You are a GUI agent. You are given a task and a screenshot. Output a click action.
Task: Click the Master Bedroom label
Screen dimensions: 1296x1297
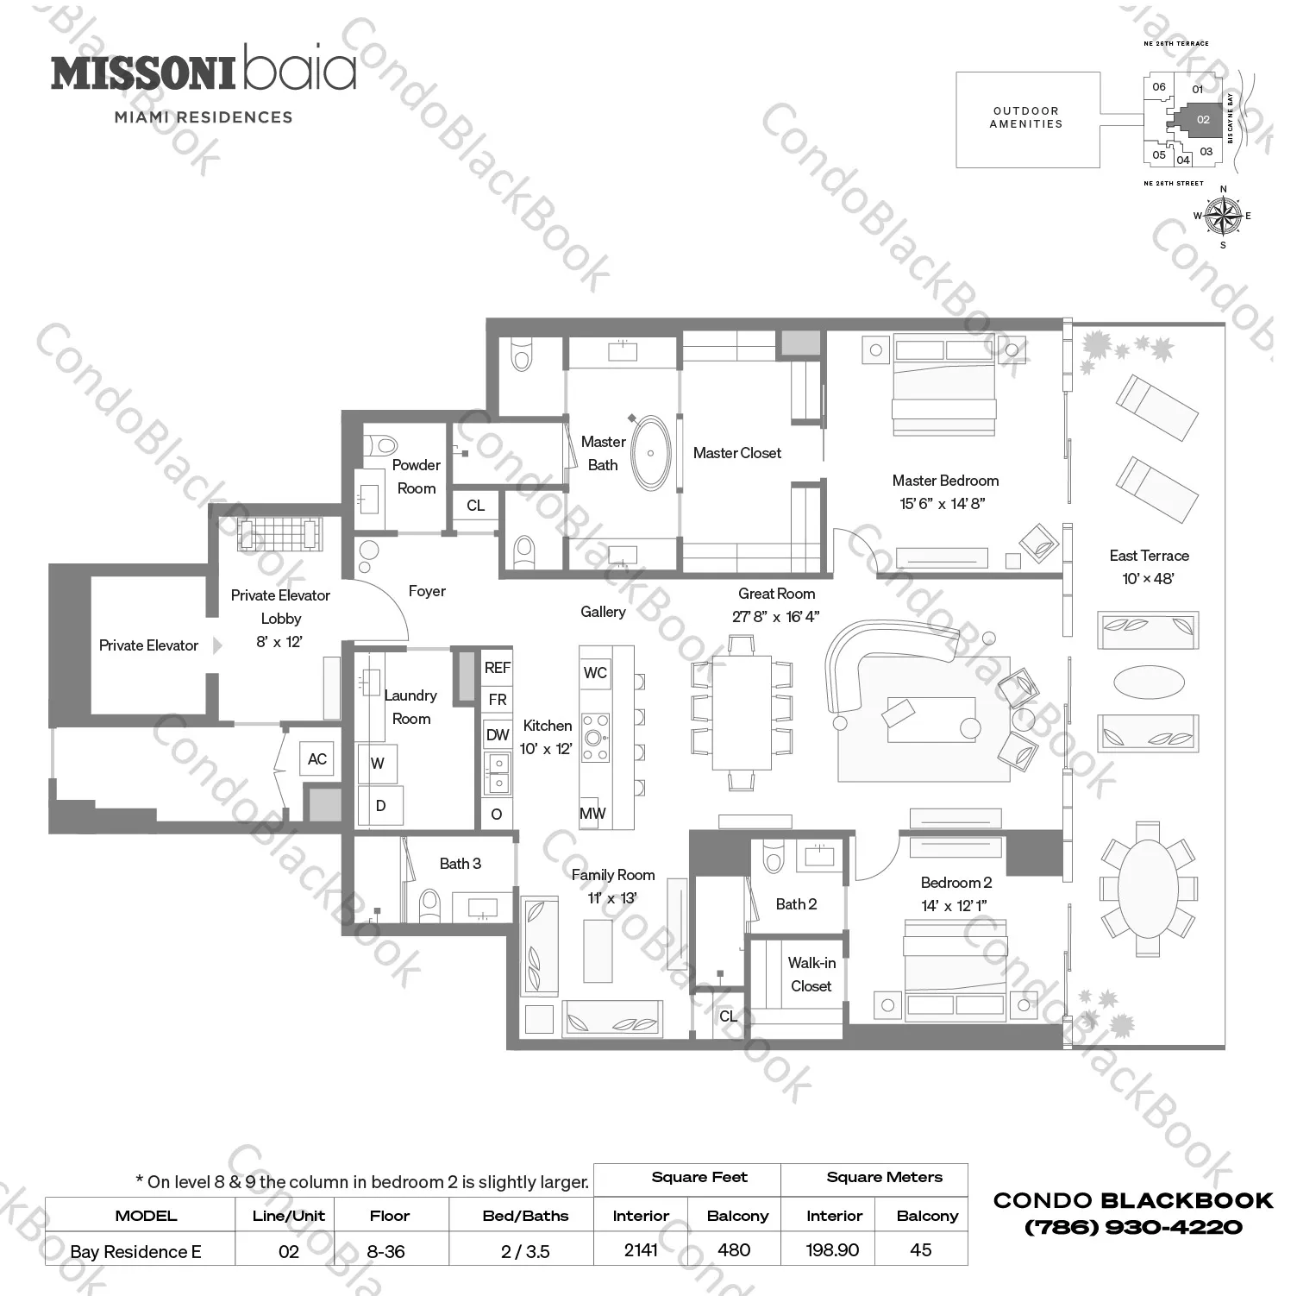(x=945, y=481)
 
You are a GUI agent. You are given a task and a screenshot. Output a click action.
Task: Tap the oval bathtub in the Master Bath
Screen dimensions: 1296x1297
(x=651, y=453)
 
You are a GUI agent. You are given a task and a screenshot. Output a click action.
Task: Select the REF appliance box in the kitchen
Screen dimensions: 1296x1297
(x=498, y=667)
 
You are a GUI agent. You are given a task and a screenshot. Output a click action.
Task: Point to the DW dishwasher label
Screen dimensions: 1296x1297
(x=498, y=735)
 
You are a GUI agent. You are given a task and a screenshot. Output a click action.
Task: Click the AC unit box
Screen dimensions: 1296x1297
(x=317, y=758)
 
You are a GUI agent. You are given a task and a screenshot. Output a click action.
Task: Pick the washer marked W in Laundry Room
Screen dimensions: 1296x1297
(x=378, y=764)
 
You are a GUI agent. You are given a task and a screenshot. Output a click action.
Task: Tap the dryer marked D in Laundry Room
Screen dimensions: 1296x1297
(x=380, y=806)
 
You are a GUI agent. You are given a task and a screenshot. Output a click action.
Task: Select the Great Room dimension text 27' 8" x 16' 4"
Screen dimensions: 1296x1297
(x=775, y=617)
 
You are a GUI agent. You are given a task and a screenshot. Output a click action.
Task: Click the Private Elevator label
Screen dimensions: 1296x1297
(x=148, y=645)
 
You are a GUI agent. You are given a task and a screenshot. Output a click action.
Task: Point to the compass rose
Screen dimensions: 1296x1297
(x=1222, y=216)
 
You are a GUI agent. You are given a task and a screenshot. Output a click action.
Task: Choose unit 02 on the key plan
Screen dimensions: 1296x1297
(x=1203, y=120)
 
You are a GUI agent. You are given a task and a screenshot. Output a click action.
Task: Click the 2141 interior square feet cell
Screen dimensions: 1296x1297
(x=641, y=1250)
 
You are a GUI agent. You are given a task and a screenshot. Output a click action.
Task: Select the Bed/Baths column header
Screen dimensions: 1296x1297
(x=525, y=1216)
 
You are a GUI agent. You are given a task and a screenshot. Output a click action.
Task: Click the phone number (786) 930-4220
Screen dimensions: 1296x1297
(x=1133, y=1227)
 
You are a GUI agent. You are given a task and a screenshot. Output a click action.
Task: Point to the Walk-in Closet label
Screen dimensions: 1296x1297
(x=811, y=974)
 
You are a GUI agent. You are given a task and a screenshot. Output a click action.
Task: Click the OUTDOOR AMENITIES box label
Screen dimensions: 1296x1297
(x=1026, y=117)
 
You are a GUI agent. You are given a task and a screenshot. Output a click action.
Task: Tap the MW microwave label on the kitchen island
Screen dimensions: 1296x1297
(x=592, y=813)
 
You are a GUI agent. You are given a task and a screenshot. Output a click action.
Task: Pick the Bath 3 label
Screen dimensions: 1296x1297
(x=460, y=864)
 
